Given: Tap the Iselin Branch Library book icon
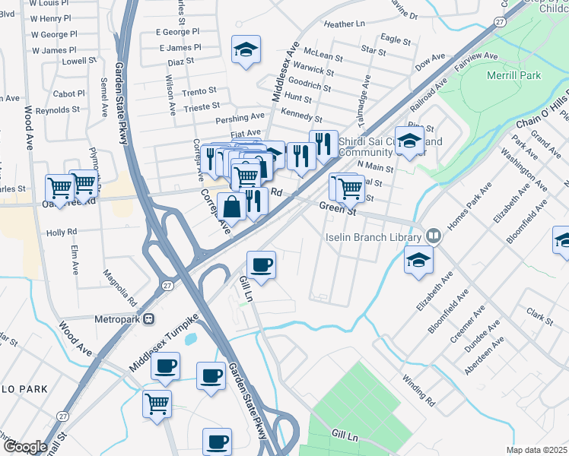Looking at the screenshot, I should click(434, 236).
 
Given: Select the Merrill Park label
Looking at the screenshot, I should click(515, 76).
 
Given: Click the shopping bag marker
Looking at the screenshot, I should click(231, 205).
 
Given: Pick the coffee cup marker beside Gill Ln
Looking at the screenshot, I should click(262, 265).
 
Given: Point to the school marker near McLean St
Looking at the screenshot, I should click(246, 50).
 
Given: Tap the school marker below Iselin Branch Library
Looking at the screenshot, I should click(418, 260).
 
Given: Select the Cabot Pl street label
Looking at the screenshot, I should click(69, 93).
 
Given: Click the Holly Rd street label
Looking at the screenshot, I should click(62, 232).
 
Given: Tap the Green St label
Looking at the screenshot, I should click(337, 206).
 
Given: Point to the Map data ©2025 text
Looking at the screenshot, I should click(536, 450).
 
